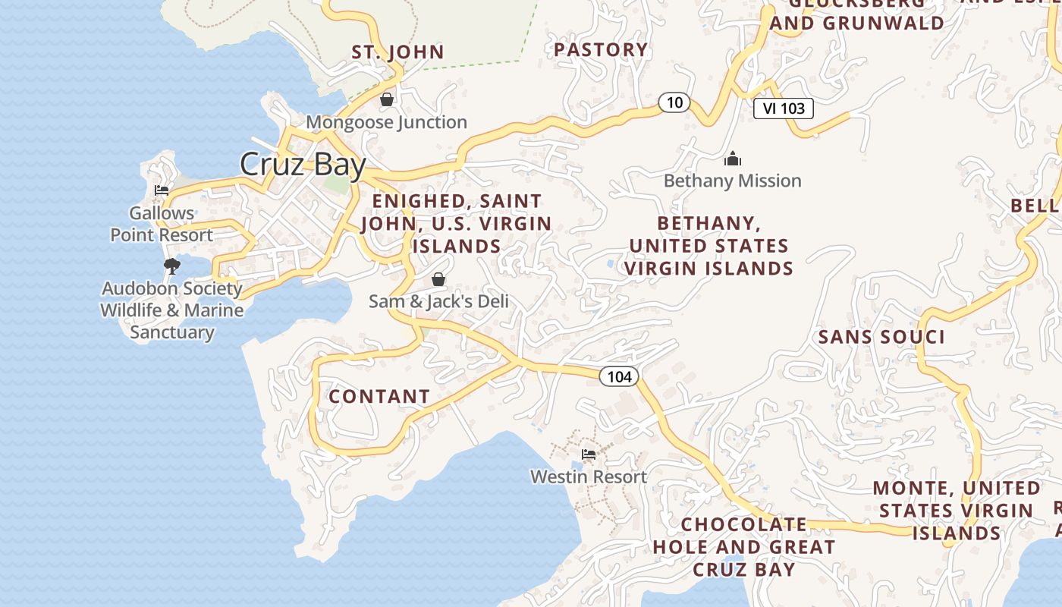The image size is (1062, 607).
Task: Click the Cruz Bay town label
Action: [x=303, y=164]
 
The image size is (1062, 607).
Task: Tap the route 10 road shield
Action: [x=674, y=102]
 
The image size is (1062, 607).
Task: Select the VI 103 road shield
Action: [x=784, y=109]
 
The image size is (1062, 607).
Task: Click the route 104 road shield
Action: [x=619, y=376]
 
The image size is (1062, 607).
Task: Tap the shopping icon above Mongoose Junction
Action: [x=387, y=99]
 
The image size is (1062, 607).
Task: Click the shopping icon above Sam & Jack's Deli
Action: [x=438, y=279]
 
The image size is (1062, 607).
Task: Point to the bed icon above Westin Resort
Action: [x=589, y=454]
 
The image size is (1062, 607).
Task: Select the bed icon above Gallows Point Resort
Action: [x=161, y=190]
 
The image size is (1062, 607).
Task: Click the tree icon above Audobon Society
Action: [x=172, y=266]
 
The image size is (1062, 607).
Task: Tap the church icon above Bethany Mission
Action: [x=732, y=159]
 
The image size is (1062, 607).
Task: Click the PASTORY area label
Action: [x=601, y=50]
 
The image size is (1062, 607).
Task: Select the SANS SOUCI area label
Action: [x=881, y=337]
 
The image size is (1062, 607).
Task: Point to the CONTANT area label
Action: [x=379, y=396]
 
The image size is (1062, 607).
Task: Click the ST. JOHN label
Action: [x=397, y=52]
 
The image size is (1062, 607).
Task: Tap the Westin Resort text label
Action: [x=589, y=476]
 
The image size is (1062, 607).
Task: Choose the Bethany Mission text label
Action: [x=732, y=181]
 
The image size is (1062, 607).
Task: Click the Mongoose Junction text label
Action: [x=386, y=122]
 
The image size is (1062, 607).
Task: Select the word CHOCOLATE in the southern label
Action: [x=744, y=524]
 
